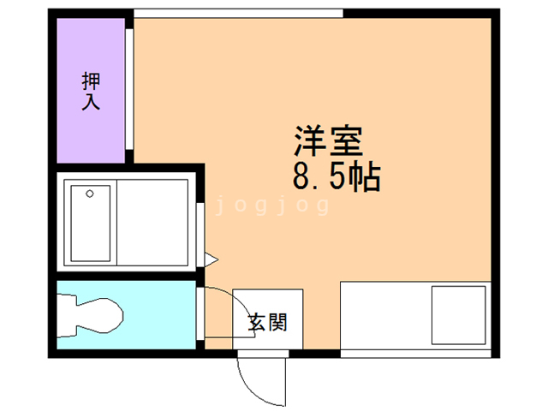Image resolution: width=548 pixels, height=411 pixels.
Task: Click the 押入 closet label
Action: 91,92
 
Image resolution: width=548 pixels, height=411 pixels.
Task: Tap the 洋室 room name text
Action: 330,140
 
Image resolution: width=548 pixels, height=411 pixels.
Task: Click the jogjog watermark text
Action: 271,206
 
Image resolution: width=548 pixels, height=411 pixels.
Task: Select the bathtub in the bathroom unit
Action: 90,223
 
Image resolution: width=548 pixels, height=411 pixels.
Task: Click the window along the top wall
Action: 238,12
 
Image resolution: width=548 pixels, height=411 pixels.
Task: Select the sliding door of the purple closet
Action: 129,90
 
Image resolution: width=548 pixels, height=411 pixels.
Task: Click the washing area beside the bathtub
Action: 152,223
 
